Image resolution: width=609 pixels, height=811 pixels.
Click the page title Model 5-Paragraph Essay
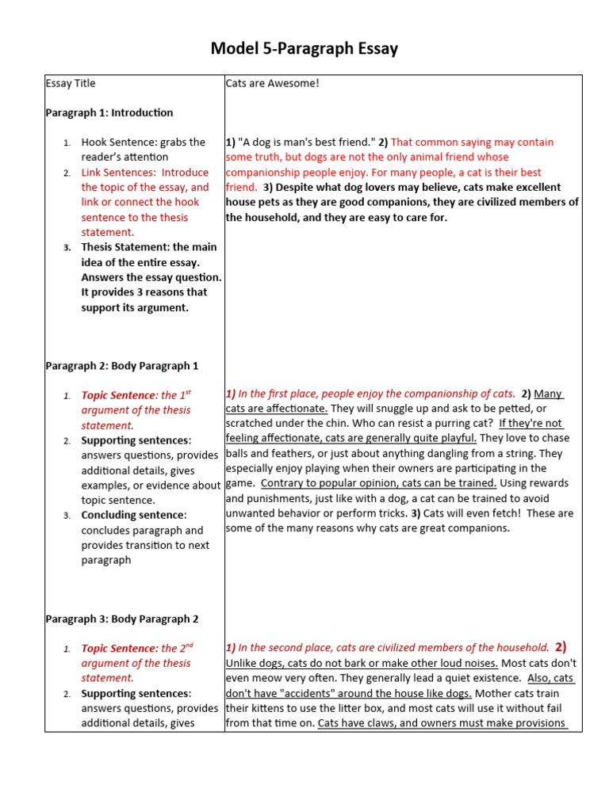[x=304, y=49]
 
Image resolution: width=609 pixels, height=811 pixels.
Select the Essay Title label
[x=71, y=83]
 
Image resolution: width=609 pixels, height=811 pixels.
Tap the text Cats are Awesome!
[x=272, y=83]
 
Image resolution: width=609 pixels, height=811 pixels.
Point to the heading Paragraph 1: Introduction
[x=109, y=112]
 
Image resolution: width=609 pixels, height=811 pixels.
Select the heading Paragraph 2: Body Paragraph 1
[x=121, y=366]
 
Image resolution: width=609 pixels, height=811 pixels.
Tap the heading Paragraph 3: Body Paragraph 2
[x=121, y=619]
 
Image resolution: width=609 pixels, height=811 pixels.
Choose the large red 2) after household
[x=561, y=647]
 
